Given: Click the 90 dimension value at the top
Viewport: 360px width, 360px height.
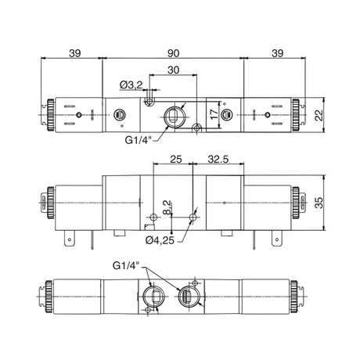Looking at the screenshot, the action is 173,53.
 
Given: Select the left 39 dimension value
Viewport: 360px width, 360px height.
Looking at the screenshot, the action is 75,53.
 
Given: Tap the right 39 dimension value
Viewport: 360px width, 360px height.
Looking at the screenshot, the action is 277,53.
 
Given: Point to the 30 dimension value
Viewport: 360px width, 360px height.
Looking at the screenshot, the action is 174,70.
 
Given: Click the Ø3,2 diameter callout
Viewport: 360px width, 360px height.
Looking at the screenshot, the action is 131,85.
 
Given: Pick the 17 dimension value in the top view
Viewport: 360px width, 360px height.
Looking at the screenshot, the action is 214,114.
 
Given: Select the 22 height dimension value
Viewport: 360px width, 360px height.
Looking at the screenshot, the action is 319,115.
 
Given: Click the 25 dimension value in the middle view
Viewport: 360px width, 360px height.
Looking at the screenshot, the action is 176,159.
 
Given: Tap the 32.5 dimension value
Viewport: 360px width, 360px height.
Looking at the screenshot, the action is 218,159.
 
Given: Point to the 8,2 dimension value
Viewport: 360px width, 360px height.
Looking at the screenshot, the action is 167,207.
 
